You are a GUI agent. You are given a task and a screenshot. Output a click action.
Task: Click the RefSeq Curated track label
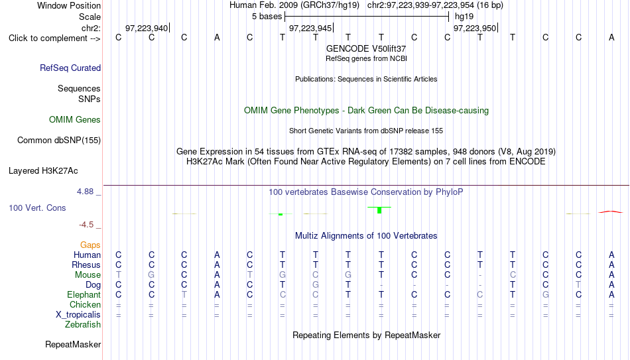(x=70, y=68)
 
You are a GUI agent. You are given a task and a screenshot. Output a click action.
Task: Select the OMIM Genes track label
(x=75, y=120)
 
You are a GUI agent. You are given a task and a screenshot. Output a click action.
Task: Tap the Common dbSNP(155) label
(x=59, y=141)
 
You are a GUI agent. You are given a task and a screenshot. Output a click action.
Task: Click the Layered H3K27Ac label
(x=43, y=171)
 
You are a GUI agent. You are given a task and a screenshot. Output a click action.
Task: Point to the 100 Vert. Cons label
(x=37, y=208)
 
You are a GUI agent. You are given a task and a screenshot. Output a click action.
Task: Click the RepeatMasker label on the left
(x=73, y=344)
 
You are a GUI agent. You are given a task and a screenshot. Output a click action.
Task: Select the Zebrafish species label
(x=83, y=324)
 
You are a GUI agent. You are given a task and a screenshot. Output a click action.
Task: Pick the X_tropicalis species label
(x=78, y=315)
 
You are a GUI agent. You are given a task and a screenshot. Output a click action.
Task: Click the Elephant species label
(x=84, y=294)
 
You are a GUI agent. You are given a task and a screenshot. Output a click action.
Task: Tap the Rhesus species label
(x=86, y=265)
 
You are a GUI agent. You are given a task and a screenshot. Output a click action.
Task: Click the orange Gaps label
(x=90, y=245)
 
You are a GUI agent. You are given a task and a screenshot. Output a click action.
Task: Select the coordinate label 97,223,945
(x=310, y=28)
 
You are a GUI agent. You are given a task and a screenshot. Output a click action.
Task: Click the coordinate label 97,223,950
(x=475, y=28)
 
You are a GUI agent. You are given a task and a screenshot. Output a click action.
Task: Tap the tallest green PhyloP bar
(x=379, y=210)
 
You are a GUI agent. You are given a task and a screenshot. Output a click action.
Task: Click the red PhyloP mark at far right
(x=611, y=211)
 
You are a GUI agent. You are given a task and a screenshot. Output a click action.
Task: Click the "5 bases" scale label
(x=267, y=17)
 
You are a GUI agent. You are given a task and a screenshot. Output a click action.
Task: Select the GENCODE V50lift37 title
(x=366, y=48)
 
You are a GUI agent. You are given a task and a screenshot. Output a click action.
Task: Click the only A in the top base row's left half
(x=217, y=37)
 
